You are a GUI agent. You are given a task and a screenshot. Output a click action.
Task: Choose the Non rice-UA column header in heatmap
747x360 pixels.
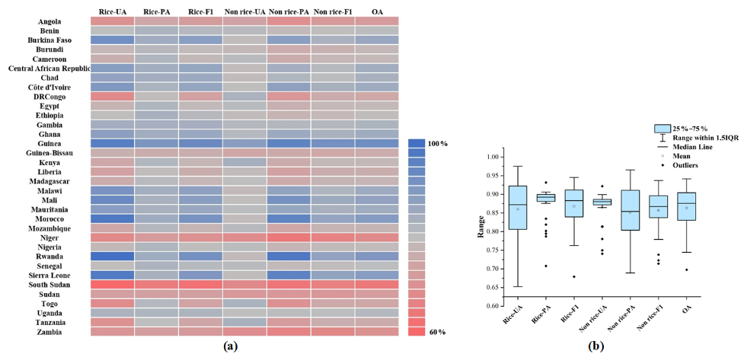(x=244, y=11)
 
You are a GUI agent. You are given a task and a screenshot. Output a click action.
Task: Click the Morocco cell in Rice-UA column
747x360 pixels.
(x=113, y=218)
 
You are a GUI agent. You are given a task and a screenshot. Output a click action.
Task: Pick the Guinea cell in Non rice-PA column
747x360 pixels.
(x=289, y=143)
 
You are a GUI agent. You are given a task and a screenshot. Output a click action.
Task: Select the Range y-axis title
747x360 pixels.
(x=480, y=227)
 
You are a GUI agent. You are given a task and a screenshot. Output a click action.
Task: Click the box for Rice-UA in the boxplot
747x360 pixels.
(x=518, y=207)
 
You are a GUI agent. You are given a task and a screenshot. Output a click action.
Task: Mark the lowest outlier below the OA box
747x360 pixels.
(x=687, y=269)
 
